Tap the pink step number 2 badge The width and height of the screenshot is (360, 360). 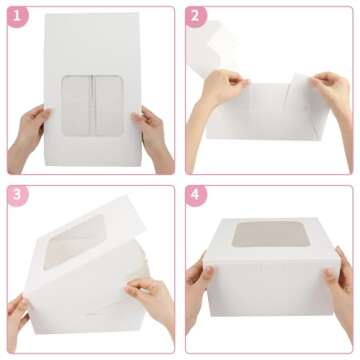coord(197,16)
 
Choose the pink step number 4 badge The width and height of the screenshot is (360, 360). coord(197,196)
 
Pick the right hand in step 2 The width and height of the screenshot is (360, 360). coord(331,88)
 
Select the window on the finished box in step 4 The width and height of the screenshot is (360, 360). coord(263,236)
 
